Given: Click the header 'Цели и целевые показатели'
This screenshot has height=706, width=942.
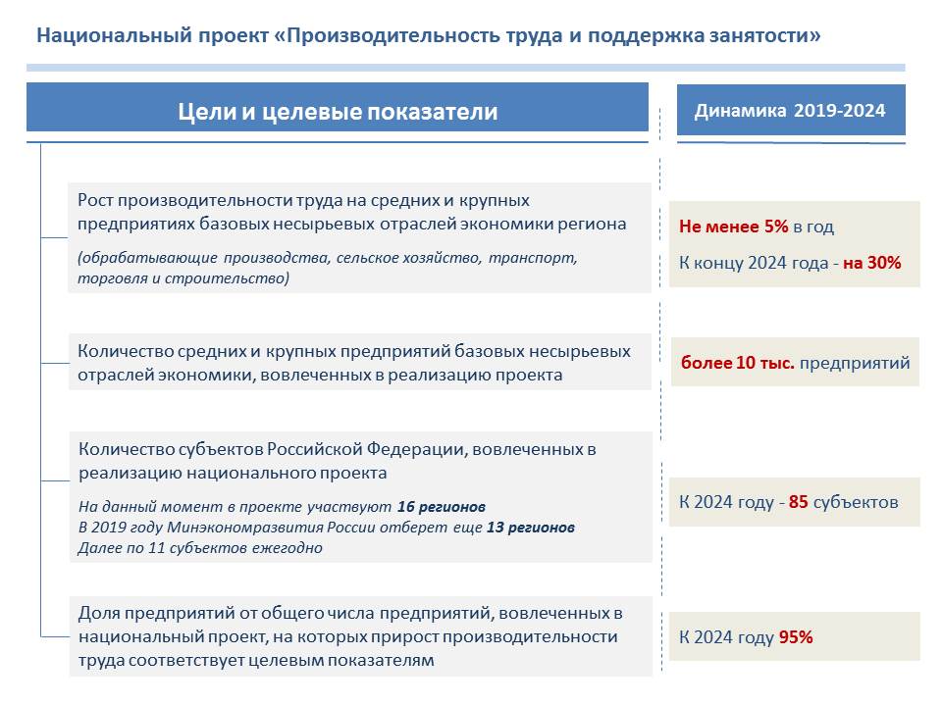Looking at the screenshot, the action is coord(338,112).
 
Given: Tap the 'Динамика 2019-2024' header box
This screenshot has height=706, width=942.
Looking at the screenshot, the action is coord(791,110).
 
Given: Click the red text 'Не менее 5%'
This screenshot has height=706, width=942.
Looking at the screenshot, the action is coord(734,227).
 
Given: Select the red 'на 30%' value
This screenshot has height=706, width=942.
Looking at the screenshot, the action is coord(871,263).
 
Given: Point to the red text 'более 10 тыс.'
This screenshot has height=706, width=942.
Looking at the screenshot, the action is coord(738,363).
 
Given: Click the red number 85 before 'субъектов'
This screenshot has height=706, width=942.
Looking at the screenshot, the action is coord(799,502).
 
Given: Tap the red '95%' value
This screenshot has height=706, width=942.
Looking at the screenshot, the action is coord(796,637).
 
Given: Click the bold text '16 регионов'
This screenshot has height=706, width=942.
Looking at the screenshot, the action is coord(442,507).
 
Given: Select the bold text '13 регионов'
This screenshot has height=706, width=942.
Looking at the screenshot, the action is coord(531,528).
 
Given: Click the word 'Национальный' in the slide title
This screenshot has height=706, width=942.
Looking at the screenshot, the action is coord(114,35).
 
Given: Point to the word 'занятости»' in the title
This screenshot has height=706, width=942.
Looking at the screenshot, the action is coord(764,35).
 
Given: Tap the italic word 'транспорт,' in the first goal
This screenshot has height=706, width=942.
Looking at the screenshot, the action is coord(533,258).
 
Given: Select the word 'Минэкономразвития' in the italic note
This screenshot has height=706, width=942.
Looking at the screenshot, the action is coord(245,528).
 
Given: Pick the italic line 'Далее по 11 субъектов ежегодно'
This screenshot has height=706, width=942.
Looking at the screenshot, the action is coord(200,547).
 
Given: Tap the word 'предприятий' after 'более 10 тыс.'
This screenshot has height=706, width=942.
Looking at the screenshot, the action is coord(855,363).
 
